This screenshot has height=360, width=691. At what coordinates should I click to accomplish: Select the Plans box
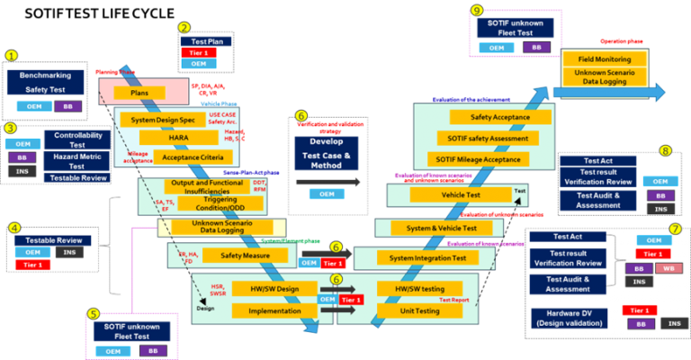click(139, 93)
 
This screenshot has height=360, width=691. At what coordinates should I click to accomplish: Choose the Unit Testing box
click(421, 310)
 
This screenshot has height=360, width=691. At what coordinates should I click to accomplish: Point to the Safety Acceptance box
click(489, 117)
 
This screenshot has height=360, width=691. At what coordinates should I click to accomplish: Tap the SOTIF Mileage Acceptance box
click(479, 159)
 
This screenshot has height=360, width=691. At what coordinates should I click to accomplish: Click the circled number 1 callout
click(11, 55)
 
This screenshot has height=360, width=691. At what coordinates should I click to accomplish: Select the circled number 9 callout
click(477, 11)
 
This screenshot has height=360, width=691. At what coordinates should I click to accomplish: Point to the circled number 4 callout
click(14, 228)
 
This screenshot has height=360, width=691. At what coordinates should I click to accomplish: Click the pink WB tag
click(669, 269)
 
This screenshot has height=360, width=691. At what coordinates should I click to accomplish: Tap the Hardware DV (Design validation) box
click(565, 318)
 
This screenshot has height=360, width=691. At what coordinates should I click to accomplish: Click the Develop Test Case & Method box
click(325, 154)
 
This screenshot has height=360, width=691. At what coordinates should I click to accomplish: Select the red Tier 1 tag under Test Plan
click(199, 51)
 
